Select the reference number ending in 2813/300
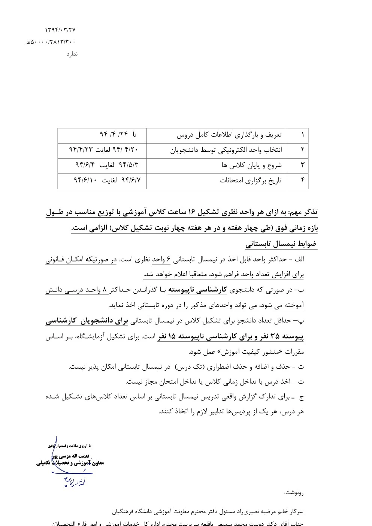[51, 42]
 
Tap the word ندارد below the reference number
[72, 54]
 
